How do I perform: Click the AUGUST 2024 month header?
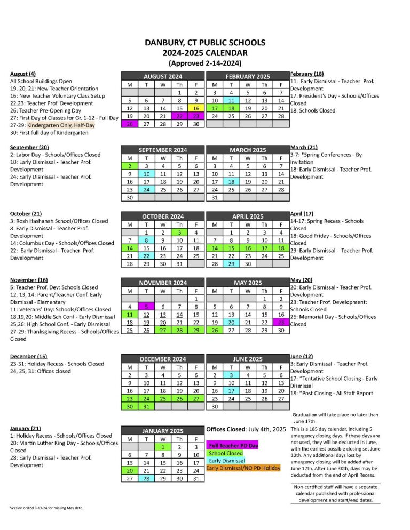click(163, 76)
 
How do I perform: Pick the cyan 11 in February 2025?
click(231, 100)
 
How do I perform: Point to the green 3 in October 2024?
click(180, 232)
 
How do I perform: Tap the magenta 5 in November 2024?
click(146, 307)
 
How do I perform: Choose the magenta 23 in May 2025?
click(281, 322)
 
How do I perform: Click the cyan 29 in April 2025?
click(231, 263)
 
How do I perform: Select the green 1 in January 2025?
click(163, 446)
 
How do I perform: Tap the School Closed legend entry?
click(226, 453)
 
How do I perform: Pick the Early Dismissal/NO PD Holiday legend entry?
click(243, 468)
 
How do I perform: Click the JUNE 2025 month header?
click(248, 359)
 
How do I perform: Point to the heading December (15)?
click(29, 356)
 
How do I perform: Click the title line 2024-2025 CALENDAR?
click(205, 53)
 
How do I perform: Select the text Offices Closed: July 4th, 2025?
click(246, 429)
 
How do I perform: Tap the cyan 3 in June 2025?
click(231, 375)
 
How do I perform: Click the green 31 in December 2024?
click(146, 406)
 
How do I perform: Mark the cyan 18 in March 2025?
click(231, 181)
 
